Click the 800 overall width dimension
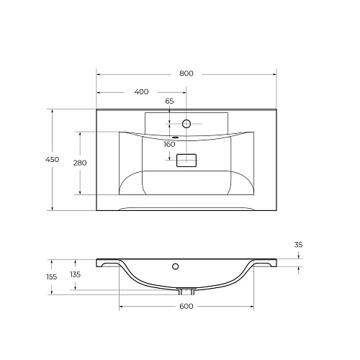(186, 73)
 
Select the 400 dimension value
(141, 91)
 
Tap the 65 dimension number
(169, 101)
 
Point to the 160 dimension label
(169, 144)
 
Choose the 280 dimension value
(80, 163)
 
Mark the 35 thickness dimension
(298, 245)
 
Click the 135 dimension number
(76, 274)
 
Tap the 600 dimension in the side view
(186, 307)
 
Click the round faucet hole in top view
(186, 124)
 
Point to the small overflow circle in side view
(175, 266)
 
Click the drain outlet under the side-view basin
(186, 292)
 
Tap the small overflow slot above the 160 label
(175, 136)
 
